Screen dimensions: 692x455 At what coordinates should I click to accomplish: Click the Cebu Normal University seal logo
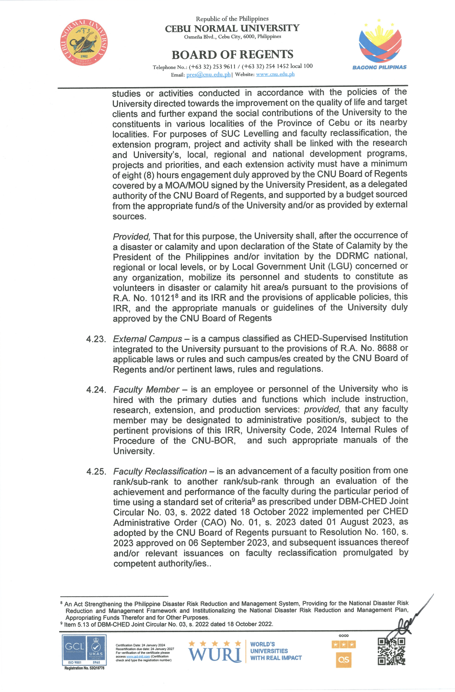(x=84, y=42)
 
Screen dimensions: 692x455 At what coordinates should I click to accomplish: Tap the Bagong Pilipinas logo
(x=379, y=44)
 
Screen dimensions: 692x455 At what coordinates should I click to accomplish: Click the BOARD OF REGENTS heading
(x=232, y=55)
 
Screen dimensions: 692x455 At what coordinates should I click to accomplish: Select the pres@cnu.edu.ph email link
(x=208, y=75)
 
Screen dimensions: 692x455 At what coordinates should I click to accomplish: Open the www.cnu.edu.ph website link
(x=275, y=74)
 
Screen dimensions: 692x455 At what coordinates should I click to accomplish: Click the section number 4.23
(x=96, y=339)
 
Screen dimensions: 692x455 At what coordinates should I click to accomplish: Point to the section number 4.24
(x=96, y=390)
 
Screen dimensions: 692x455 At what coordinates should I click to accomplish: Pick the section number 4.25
(x=96, y=472)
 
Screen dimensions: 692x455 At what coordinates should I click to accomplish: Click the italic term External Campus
(x=147, y=339)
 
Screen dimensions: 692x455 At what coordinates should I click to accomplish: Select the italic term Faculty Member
(x=146, y=390)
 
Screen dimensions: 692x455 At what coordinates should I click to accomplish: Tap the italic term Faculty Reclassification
(x=160, y=471)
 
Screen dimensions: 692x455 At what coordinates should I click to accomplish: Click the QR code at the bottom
(x=391, y=651)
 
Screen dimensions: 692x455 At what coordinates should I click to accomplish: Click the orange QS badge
(x=343, y=660)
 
